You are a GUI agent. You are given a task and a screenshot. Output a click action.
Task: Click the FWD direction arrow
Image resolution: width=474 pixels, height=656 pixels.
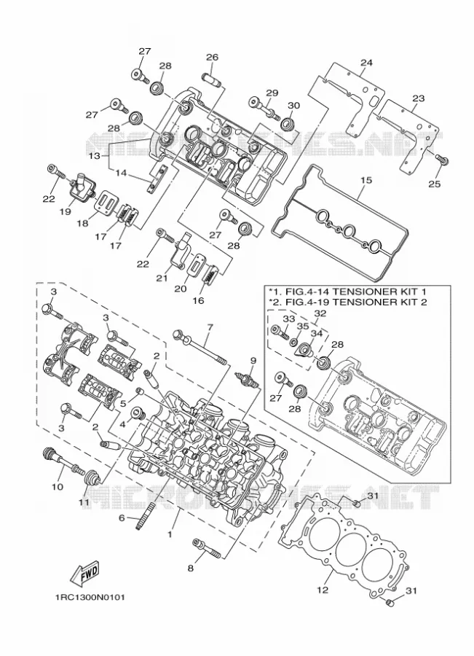(x=85, y=573)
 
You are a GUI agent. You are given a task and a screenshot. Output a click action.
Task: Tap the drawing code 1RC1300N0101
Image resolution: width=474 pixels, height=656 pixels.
(x=90, y=597)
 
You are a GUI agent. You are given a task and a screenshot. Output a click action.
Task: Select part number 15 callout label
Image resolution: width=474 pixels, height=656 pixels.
(x=366, y=180)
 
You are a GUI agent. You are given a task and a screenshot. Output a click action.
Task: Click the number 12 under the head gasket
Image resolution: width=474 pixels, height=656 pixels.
(x=323, y=590)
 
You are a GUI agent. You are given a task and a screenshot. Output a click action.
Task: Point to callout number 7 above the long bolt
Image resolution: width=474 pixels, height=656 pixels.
(x=210, y=327)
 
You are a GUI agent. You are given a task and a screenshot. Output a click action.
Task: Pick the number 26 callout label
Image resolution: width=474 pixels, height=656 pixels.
(x=213, y=57)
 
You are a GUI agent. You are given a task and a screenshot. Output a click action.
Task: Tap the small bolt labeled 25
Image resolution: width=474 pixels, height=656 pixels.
(x=442, y=159)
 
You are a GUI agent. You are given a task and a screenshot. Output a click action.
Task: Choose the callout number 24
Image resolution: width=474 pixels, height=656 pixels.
(x=366, y=63)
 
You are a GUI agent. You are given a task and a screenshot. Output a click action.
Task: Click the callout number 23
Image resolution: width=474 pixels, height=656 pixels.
(x=418, y=98)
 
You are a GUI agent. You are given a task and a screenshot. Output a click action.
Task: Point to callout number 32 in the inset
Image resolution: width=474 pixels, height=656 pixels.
(x=320, y=313)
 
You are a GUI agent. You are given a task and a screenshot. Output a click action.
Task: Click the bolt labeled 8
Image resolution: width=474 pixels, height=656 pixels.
(x=207, y=547)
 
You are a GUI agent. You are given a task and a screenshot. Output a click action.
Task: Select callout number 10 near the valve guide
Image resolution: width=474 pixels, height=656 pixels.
(x=58, y=487)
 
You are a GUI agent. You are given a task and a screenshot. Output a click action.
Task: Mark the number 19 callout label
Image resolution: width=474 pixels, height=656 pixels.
(x=65, y=211)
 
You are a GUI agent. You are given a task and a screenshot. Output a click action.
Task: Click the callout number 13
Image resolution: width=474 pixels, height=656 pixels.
(x=95, y=156)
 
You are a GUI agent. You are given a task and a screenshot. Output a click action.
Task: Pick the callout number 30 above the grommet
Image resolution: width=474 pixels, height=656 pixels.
(x=294, y=106)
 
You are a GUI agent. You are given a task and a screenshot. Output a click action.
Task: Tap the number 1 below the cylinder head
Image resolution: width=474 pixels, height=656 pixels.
(x=170, y=534)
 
